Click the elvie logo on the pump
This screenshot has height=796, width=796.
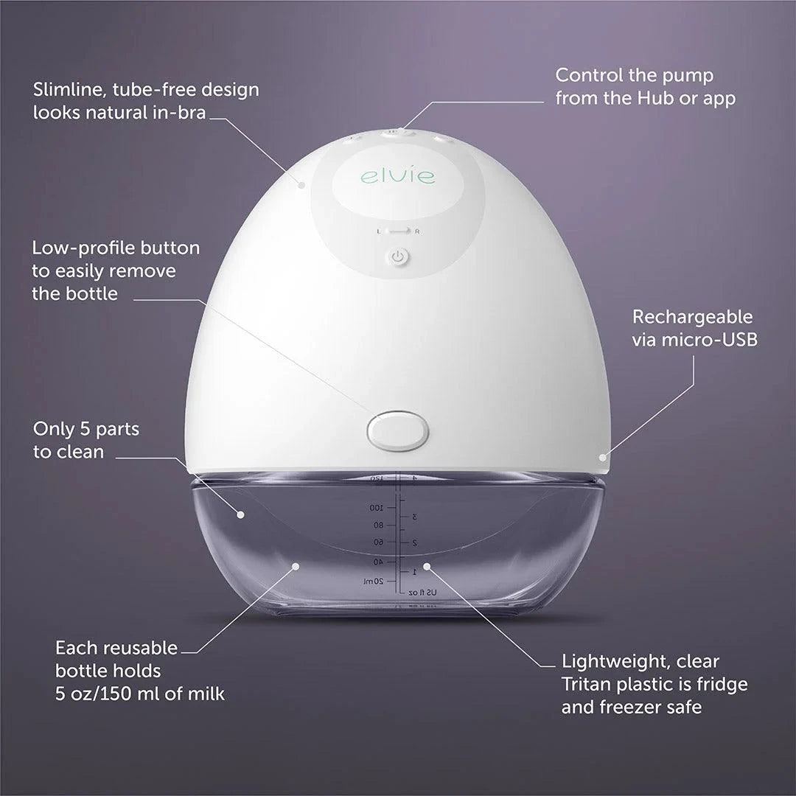click(x=398, y=177)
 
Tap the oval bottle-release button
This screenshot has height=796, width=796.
click(x=398, y=430)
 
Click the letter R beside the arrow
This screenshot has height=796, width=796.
click(x=417, y=231)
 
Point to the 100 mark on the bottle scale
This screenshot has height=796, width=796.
click(x=376, y=508)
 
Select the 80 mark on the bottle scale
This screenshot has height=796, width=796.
click(x=379, y=525)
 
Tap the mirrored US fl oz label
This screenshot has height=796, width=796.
click(x=422, y=592)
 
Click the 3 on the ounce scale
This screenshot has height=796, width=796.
click(x=416, y=517)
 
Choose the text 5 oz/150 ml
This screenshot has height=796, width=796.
click(x=104, y=694)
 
